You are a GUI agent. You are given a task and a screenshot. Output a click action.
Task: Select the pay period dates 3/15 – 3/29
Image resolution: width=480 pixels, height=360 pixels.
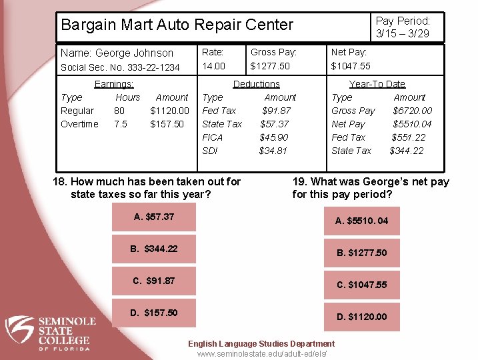[x=402, y=33]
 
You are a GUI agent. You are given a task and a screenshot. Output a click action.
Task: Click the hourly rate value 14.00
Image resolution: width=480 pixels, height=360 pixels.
[x=213, y=66]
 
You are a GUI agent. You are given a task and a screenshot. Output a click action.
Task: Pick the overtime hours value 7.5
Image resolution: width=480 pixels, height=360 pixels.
[x=121, y=124]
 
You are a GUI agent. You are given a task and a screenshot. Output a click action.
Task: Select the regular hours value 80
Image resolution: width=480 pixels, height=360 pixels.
[x=119, y=111]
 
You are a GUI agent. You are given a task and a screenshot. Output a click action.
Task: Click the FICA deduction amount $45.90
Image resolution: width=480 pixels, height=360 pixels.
[x=273, y=137]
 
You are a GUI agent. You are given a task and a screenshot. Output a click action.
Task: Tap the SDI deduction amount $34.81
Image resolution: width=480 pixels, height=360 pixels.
[x=273, y=151]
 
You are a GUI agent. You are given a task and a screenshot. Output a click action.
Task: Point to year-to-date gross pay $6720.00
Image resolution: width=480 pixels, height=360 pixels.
[x=412, y=111]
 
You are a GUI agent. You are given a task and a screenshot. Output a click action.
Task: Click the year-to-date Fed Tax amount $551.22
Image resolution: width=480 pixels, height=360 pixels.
[x=409, y=137]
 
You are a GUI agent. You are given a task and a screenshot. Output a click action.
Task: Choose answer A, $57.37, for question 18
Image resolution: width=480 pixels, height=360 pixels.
[x=154, y=217]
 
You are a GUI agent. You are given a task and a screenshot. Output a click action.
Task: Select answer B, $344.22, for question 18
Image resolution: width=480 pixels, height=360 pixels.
[x=154, y=249]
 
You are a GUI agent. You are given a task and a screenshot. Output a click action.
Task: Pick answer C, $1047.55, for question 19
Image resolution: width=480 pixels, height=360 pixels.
[x=361, y=285]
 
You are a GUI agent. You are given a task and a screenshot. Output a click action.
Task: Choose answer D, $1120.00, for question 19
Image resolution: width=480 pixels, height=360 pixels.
[x=361, y=317]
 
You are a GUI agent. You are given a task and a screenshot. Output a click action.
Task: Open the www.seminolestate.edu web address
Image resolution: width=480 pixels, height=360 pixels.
[x=262, y=353]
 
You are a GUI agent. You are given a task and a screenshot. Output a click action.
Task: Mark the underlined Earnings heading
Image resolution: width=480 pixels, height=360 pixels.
[x=114, y=84]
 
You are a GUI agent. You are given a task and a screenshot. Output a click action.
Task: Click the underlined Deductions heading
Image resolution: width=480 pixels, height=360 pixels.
[x=256, y=84]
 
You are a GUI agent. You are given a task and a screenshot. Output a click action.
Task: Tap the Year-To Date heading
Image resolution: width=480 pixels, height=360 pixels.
[x=377, y=84]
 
